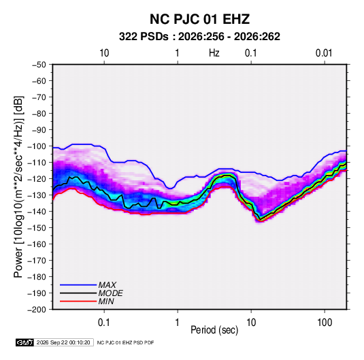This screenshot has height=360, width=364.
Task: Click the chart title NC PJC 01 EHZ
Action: point(199,19)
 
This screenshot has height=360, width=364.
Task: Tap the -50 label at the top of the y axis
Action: point(39,65)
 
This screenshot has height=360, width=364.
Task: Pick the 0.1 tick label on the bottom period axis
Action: point(104,323)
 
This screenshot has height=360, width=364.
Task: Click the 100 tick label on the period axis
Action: point(325,323)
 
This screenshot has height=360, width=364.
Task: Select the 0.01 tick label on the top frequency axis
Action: point(324,53)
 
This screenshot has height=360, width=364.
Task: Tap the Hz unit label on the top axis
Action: point(214,53)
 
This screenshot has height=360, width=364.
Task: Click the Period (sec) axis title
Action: point(214,330)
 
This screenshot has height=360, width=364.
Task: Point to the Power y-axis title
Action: point(18,187)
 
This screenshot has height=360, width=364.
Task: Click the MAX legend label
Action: point(107,285)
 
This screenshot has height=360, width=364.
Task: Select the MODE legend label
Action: point(110,293)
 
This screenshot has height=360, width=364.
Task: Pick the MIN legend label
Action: point(106,301)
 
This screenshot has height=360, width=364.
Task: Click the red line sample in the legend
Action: point(78,301)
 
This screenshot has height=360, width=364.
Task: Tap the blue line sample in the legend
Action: point(78,285)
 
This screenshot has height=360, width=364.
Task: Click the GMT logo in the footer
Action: point(25,342)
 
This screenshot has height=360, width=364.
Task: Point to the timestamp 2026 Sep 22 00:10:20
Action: point(63,342)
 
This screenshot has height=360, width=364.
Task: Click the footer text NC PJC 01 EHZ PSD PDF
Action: point(125,342)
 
